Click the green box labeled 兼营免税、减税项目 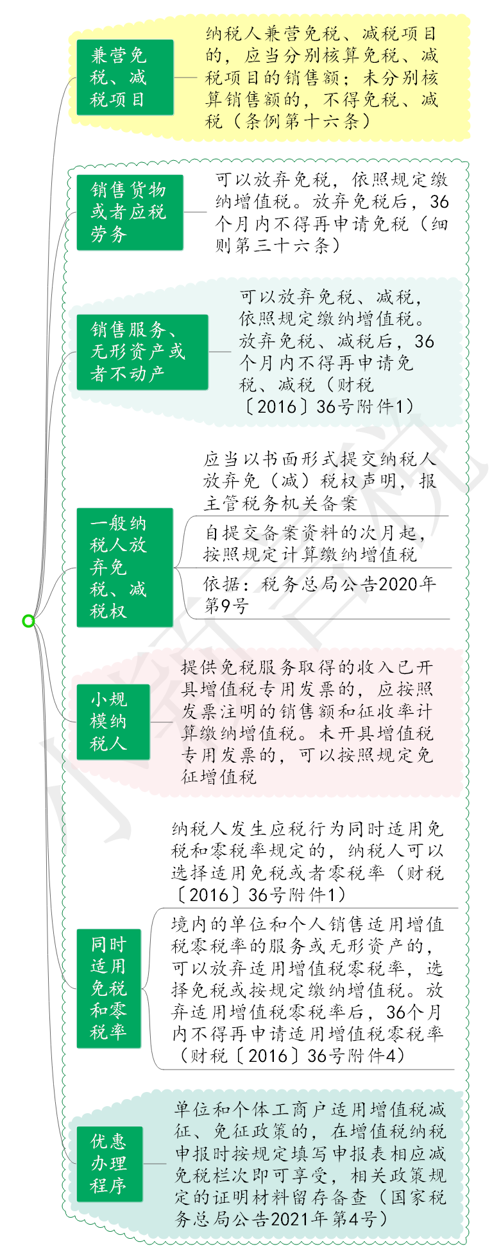click(125, 78)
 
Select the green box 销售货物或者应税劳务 click(130, 212)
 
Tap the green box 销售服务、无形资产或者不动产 click(142, 352)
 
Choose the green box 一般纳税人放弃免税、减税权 click(125, 567)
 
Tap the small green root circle click(28, 620)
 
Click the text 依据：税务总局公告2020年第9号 click(319, 595)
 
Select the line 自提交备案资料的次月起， click(315, 533)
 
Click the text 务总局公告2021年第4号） click(282, 1218)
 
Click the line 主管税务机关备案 click(280, 503)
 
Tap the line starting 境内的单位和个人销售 click(307, 924)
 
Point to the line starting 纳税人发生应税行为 click(307, 829)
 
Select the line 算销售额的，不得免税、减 click(322, 99)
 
